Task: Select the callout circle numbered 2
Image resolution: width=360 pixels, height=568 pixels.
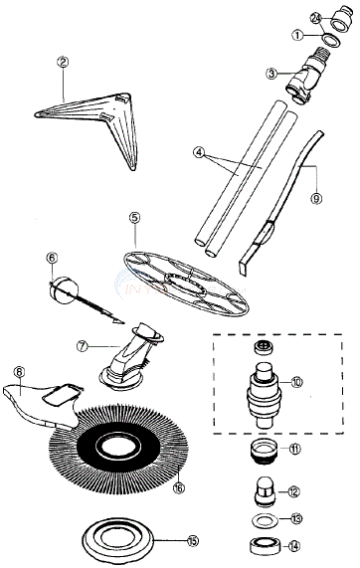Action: tap(62, 62)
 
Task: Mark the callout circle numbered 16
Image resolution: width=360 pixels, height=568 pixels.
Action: tap(179, 488)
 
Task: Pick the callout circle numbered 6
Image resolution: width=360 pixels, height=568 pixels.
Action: tap(52, 259)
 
